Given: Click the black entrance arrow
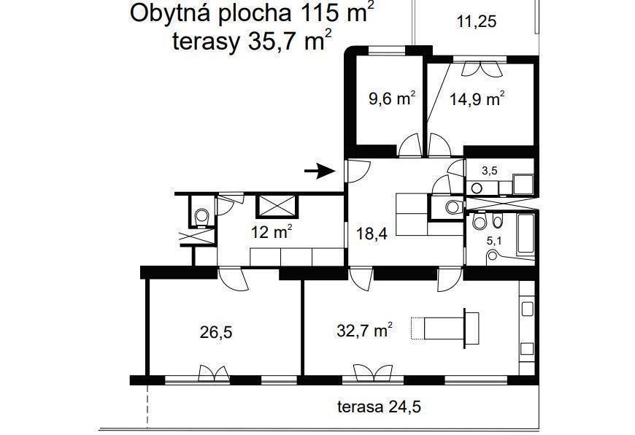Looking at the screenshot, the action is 320,171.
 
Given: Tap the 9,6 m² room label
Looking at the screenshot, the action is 392,99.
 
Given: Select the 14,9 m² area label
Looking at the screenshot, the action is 477,99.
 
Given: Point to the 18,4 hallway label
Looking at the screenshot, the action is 372,234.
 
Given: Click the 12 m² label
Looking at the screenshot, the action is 272,233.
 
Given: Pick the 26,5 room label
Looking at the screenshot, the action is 216,333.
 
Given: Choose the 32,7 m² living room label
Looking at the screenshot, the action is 364,331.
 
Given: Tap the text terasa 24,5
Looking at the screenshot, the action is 379,407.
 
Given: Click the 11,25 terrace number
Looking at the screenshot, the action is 476,21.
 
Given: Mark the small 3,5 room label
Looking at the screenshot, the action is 489,171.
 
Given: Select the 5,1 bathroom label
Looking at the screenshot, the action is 494,241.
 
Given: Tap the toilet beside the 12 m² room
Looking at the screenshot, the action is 201,216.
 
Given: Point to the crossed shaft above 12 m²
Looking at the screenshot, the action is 277,207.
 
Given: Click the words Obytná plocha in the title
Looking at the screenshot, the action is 211,13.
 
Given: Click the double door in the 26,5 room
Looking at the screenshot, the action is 214,373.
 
